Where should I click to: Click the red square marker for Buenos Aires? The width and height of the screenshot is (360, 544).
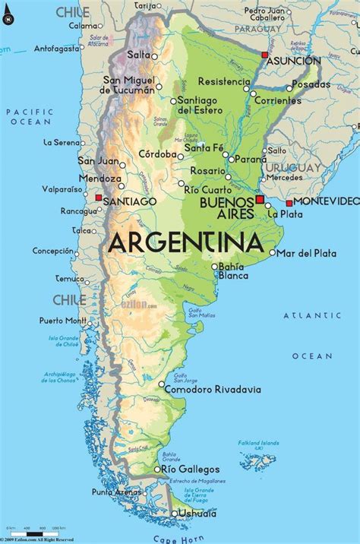[260, 199]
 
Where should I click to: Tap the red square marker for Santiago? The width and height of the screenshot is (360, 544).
[98, 198]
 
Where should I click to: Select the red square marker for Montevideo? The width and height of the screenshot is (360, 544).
[289, 203]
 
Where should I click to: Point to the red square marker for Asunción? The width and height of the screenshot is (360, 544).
[264, 55]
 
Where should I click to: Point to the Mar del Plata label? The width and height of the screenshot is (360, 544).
[306, 252]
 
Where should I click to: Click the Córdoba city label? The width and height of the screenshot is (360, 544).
[157, 153]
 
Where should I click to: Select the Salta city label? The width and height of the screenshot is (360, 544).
[138, 55]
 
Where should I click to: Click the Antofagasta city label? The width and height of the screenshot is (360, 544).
[57, 48]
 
